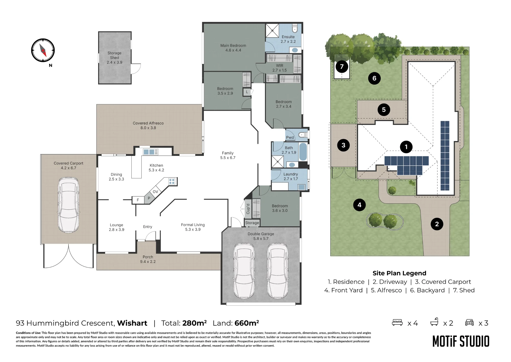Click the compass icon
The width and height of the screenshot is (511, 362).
pos(43,50)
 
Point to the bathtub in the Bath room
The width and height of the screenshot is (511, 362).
pos(303,152)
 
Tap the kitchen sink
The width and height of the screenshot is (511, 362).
pos(151,152)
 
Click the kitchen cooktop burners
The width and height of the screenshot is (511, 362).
pos(172,182)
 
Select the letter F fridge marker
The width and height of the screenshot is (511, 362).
pos(138,200)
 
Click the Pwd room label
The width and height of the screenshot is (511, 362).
pos(290,137)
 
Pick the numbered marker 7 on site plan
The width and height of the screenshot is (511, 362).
pos(342,67)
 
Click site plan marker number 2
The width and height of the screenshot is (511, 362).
pos(437,224)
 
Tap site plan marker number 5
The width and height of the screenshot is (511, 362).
pos(384,110)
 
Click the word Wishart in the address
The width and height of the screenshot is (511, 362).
pos(132,323)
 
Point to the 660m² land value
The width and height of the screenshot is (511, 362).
pos(247,323)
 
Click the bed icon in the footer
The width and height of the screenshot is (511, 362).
pos(397,322)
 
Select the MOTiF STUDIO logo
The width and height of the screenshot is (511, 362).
pos(461,341)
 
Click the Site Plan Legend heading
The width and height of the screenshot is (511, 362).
pos(399,273)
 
